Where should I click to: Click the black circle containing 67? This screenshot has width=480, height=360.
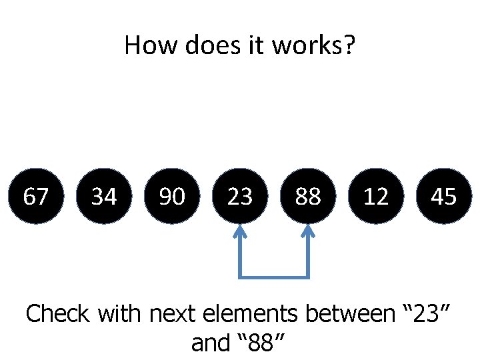tap(35, 196)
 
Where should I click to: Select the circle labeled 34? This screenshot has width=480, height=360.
tap(104, 196)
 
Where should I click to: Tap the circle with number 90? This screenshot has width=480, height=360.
tap(172, 196)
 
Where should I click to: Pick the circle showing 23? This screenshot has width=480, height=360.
tap(240, 196)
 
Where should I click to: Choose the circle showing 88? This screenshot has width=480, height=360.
tap(308, 196)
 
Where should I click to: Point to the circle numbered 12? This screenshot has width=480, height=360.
tap(376, 196)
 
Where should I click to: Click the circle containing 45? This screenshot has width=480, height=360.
tap(444, 196)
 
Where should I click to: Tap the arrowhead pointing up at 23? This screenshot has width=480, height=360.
tap(240, 232)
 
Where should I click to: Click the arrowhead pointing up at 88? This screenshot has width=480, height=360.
tap(308, 232)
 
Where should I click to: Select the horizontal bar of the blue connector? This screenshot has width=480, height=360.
tap(274, 276)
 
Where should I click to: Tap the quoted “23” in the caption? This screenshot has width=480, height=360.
tap(427, 312)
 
